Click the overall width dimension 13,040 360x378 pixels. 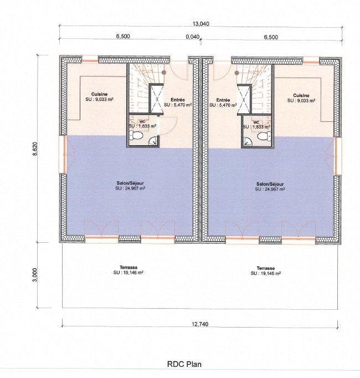pos(200,24)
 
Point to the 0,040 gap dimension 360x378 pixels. pos(192,37)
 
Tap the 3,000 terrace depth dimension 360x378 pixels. pos(35,275)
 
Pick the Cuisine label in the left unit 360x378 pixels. pos(100,95)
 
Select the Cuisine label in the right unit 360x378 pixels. pos(301,95)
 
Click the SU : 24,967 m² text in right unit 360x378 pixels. pos(270,189)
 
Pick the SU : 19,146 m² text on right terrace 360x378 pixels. pos(265,273)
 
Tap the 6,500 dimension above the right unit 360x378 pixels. pos(271,37)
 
